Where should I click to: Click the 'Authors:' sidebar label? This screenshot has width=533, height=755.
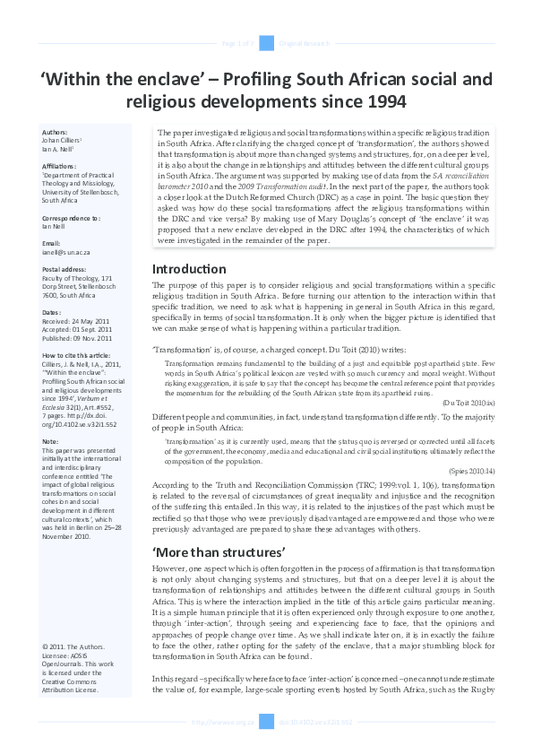pyautogui.click(x=56, y=132)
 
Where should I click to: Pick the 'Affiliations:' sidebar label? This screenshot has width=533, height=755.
pyautogui.click(x=60, y=165)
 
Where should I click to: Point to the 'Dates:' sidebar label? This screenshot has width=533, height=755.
pyautogui.click(x=53, y=312)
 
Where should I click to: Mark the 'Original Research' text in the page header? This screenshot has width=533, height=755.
pyautogui.click(x=305, y=43)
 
